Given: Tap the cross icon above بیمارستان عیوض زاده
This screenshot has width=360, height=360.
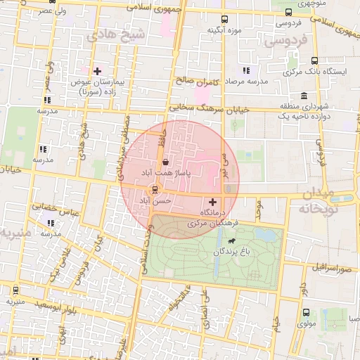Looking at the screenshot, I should tap(97, 70).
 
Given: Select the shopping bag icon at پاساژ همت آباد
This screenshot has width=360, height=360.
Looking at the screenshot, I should tap(165, 161).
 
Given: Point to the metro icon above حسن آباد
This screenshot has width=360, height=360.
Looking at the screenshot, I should tap(155, 189).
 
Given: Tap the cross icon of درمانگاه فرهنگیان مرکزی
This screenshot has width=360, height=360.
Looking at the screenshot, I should tap(213, 202).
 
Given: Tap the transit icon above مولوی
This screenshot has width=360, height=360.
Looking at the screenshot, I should tap(306, 312).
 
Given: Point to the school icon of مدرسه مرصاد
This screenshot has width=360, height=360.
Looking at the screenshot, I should tap(246, 70).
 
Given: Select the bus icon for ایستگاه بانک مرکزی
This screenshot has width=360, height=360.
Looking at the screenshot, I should tap(314, 60).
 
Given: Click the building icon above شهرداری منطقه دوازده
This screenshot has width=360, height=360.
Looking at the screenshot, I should tap(304, 96).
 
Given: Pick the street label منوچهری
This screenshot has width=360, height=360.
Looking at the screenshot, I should tap(333, 4).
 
